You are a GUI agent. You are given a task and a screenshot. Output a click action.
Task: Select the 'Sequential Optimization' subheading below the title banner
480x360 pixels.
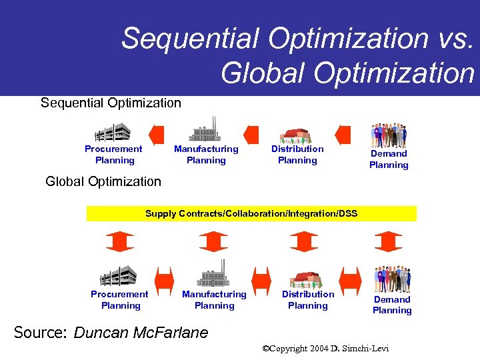pos(111,103)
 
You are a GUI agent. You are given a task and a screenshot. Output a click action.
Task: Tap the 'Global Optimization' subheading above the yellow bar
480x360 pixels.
pos(103,181)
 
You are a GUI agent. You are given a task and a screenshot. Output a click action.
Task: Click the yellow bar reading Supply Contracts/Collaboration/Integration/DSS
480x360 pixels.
pos(251,213)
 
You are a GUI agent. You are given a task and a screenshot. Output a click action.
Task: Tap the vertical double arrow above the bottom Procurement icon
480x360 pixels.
pos(119,241)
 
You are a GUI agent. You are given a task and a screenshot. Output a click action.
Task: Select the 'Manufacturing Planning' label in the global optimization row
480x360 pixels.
pos(214,300)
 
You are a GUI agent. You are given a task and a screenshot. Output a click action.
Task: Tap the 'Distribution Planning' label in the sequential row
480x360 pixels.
pos(297,155)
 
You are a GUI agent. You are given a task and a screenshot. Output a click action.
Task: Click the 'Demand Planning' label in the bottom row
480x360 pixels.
pos(392,305)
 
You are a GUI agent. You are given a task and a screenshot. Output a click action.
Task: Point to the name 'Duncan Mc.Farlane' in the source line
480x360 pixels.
pos(141,332)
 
